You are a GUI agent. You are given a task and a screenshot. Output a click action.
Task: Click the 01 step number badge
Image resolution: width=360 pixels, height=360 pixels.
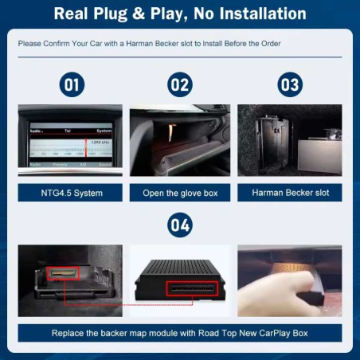72,84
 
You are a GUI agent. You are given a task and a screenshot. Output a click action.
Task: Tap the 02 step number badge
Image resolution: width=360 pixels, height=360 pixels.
179,84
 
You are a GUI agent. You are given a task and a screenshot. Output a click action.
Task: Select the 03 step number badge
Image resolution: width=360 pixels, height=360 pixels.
289,84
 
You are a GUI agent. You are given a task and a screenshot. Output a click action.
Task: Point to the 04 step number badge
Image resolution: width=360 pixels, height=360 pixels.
179,225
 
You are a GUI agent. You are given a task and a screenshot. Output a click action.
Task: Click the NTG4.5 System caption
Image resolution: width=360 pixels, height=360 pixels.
72,193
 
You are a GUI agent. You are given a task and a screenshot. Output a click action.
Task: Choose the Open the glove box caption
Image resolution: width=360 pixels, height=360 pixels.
179,193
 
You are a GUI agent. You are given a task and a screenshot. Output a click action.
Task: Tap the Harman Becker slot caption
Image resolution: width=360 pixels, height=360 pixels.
289,193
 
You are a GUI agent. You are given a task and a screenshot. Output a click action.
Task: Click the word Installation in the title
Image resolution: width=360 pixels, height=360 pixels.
261,14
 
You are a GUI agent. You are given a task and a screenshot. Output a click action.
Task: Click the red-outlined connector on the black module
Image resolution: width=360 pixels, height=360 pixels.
192,288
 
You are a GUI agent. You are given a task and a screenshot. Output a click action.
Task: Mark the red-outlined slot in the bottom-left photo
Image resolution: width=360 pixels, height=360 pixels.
63,274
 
